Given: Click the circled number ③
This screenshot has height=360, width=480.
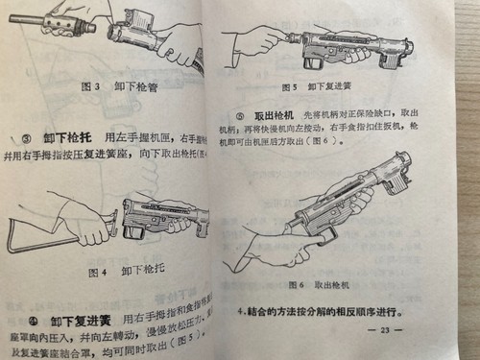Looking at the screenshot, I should point(30,139).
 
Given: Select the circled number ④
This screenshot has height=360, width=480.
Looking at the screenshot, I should point(31,320).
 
